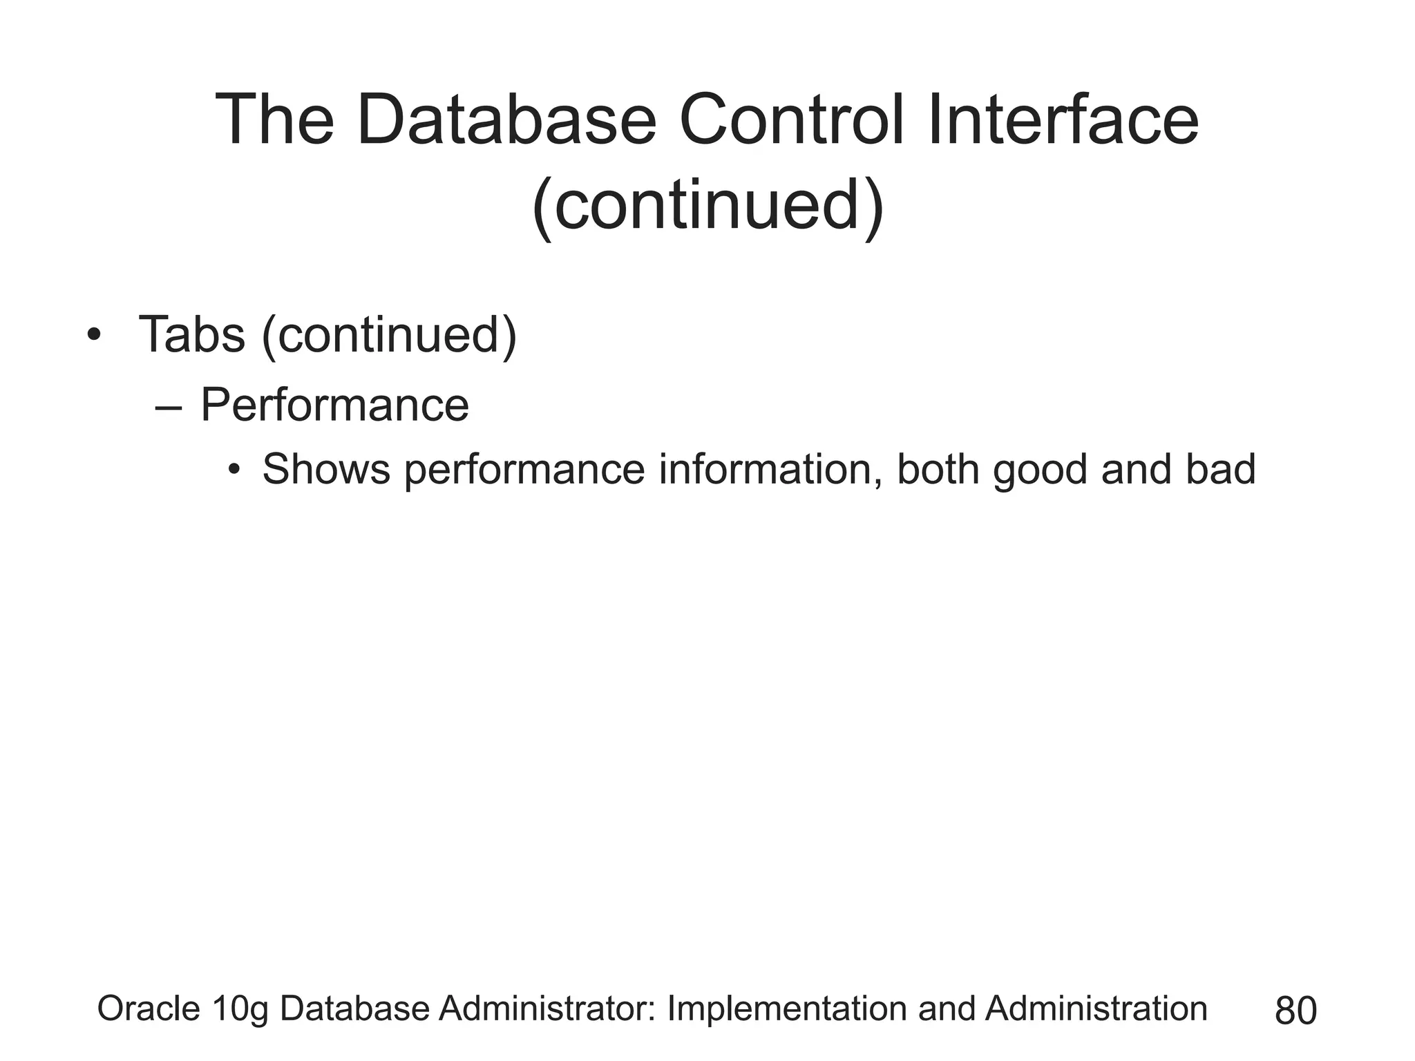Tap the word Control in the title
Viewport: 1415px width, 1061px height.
(x=792, y=121)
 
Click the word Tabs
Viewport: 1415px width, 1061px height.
(x=191, y=335)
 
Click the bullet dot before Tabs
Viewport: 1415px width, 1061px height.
(x=94, y=336)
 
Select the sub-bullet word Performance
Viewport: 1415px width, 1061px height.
(x=334, y=405)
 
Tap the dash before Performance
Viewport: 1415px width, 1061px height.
(x=169, y=408)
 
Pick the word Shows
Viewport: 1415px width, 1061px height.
(x=326, y=470)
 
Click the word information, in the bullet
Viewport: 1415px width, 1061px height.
(x=770, y=470)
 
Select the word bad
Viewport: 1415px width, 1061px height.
(x=1221, y=470)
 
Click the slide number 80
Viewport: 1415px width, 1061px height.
(x=1295, y=1011)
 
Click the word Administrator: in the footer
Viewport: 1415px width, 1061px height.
(x=547, y=1009)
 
